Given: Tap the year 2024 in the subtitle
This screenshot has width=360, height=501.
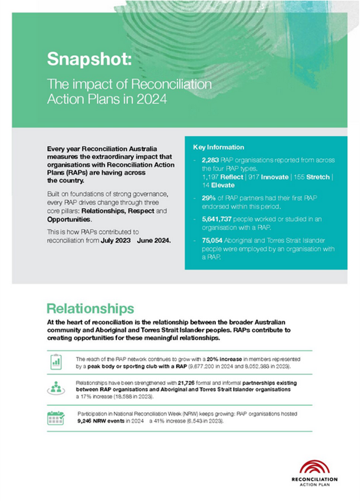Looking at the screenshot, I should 153,98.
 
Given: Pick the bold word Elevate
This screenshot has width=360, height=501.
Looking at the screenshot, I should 222,185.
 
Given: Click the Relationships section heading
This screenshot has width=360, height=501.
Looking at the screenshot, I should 90,309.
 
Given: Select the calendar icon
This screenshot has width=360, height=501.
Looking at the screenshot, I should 56,417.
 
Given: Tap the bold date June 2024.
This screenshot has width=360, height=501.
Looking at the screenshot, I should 156,241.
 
